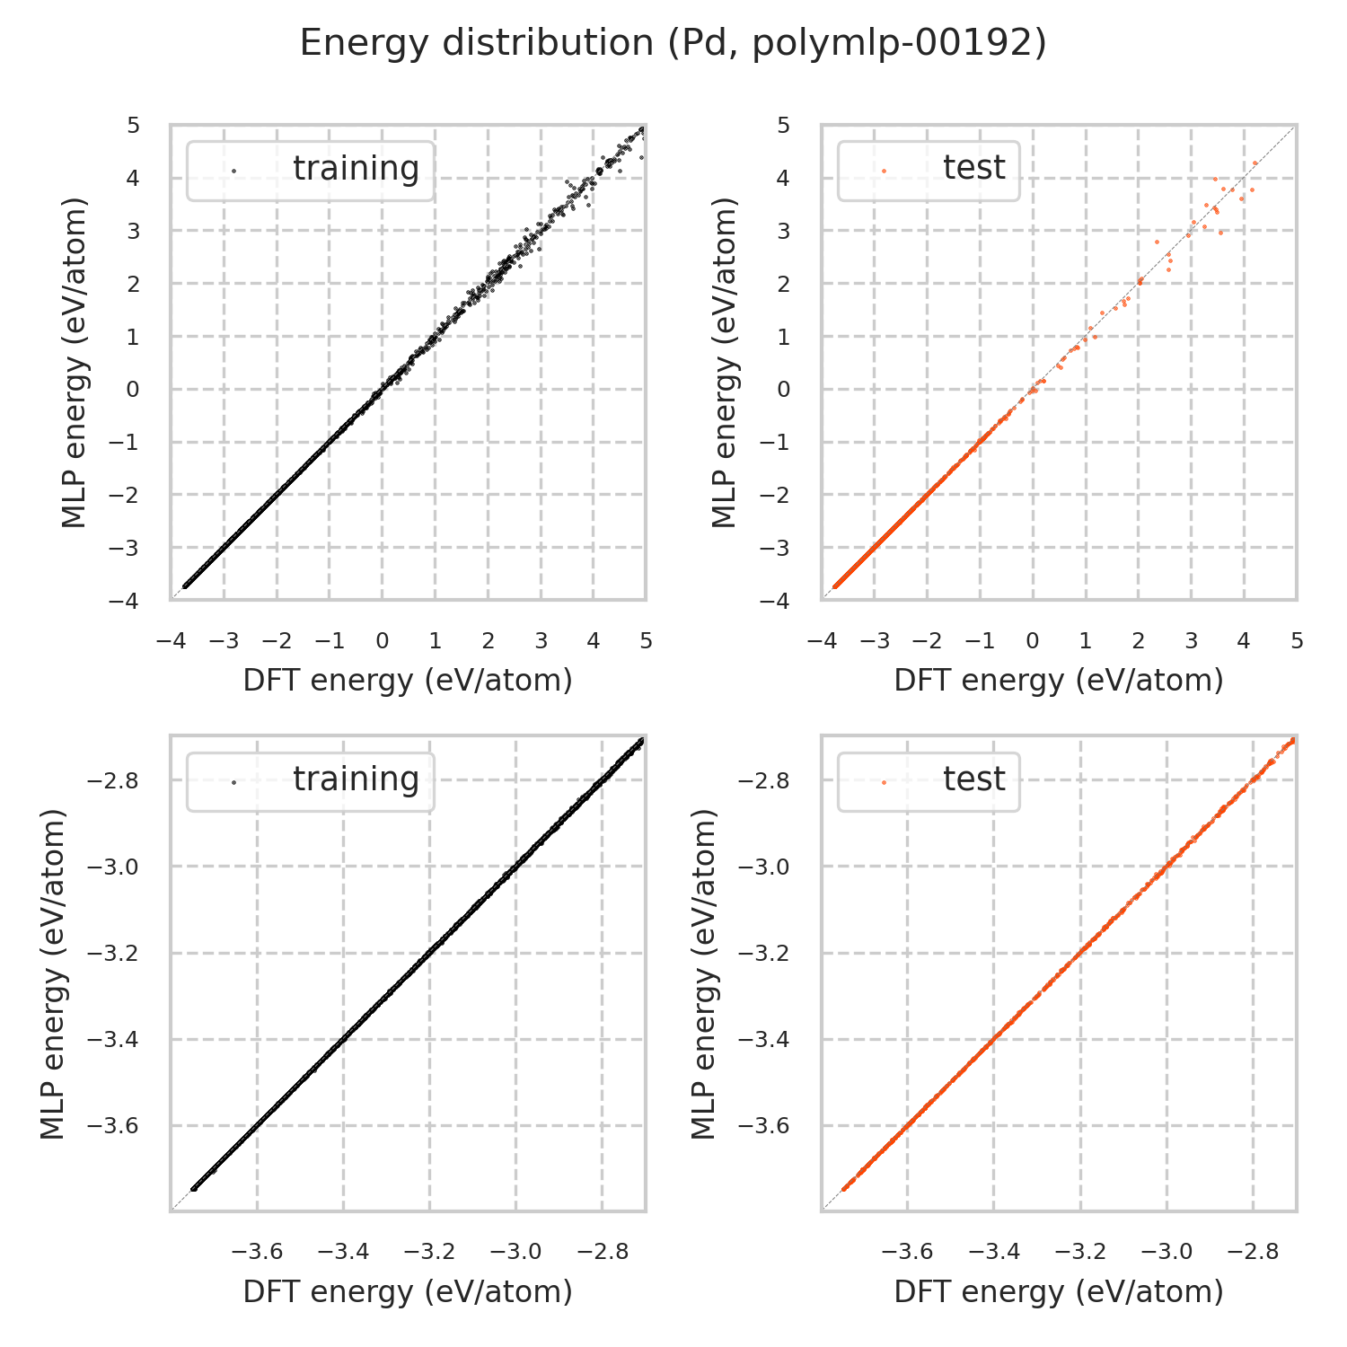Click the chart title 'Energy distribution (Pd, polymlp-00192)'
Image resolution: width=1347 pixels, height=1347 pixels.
pos(673,43)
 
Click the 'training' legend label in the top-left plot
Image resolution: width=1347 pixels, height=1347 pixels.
pos(356,169)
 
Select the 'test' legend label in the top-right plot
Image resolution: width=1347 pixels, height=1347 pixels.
pos(973,168)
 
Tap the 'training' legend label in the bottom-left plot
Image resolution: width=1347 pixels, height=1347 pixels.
pos(356,779)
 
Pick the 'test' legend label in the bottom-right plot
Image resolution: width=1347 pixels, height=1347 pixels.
pos(973,779)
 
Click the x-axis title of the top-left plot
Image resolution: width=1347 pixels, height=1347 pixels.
pos(408,681)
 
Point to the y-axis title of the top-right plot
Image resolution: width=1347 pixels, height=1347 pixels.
pos(724,363)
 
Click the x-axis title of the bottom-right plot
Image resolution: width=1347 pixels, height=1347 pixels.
pos(1059,1291)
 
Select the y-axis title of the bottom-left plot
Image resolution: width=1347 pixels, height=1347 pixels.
pos(55,973)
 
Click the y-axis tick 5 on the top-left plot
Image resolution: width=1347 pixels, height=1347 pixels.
pos(134,125)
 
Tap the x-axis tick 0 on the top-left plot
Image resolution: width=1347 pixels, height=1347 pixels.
pos(383,641)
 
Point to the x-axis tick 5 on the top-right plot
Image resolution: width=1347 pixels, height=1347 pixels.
pos(1296,641)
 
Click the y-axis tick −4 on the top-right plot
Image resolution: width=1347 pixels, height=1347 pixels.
pos(778,600)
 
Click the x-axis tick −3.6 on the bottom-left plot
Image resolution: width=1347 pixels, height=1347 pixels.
pos(258,1252)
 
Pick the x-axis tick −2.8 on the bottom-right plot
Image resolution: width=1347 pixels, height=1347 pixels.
pos(1254,1252)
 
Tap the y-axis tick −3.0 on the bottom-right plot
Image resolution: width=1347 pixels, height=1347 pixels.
pos(763,867)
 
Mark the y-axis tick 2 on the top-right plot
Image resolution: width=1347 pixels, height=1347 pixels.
pos(784,284)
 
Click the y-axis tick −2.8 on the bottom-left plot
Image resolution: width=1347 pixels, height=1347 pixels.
pos(112,781)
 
